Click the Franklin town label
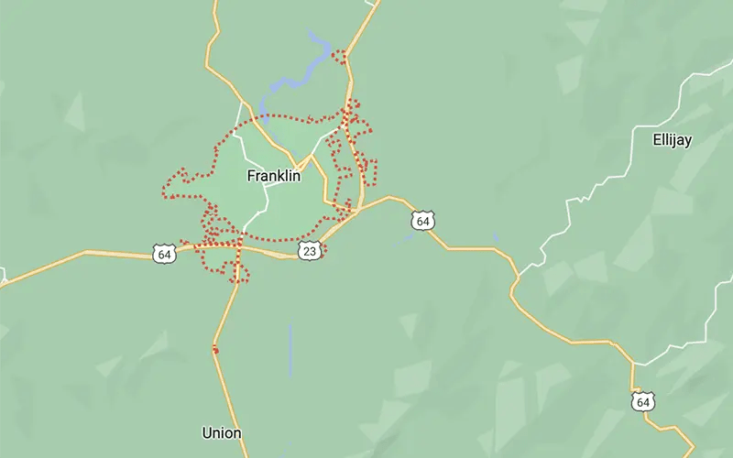pos(274,177)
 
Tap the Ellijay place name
pos(672,140)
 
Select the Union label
pos(222,432)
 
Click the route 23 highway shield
pos(310,250)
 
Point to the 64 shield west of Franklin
pos(164,254)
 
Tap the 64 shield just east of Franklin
pos(421,220)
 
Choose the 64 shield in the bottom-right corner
pos(642,401)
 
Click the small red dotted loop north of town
pos(342,56)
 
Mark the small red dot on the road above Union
pos(215,349)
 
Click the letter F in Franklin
pos(251,177)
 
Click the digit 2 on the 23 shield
pos(307,250)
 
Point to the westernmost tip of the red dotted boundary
pos(163,194)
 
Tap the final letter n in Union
pos(237,432)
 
